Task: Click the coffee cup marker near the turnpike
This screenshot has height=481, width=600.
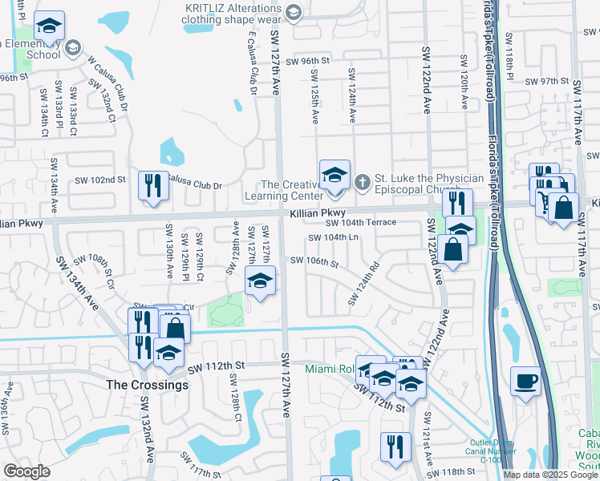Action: coord(525,381)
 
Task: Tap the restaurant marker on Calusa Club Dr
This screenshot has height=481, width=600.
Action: coord(150,186)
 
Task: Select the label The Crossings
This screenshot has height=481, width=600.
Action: coord(148,385)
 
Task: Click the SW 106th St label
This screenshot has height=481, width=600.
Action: coord(314,261)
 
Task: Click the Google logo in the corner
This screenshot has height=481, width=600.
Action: coord(27,471)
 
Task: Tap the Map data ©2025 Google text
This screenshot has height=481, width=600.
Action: coord(551,475)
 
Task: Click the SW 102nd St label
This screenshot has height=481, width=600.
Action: coord(101,180)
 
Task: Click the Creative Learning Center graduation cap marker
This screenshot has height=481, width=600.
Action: coord(334,176)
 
